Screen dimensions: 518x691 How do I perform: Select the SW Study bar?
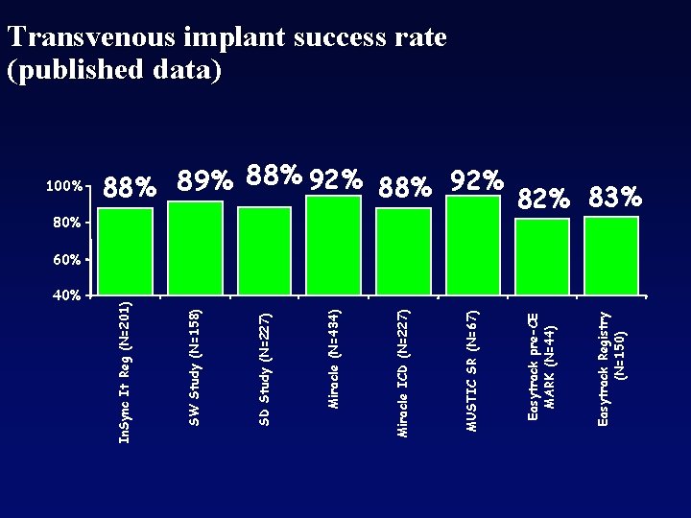tap(195, 247)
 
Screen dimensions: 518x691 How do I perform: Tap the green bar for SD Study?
tap(264, 250)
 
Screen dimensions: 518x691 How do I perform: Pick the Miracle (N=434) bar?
tap(333, 244)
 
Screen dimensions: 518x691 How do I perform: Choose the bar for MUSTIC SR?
tap(472, 246)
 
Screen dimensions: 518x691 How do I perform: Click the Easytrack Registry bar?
tap(611, 255)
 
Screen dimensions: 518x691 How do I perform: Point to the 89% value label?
tap(205, 181)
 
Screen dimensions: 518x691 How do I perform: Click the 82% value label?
tap(545, 199)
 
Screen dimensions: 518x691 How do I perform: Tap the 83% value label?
tap(615, 198)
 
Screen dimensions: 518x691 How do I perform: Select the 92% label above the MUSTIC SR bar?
tap(477, 179)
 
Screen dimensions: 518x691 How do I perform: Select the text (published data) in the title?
tap(114, 70)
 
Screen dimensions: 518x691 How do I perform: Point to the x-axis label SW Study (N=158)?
tap(195, 366)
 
